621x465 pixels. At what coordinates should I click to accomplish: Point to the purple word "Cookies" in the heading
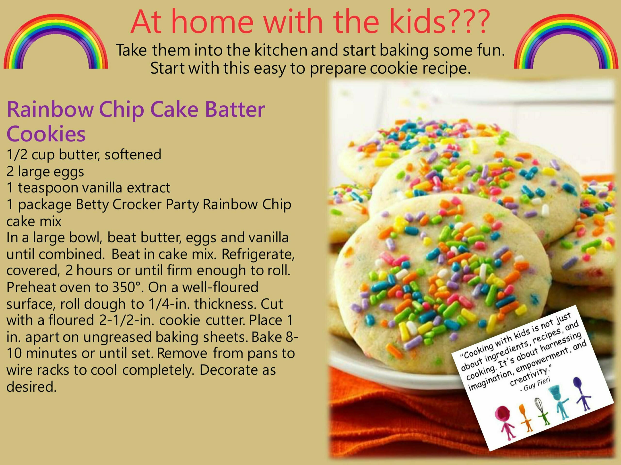tap(46, 134)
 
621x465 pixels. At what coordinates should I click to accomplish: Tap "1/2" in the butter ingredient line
tap(17, 155)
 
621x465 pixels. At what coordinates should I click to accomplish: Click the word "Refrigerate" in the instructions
tap(258, 255)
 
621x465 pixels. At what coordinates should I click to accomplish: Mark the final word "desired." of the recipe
tap(32, 387)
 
